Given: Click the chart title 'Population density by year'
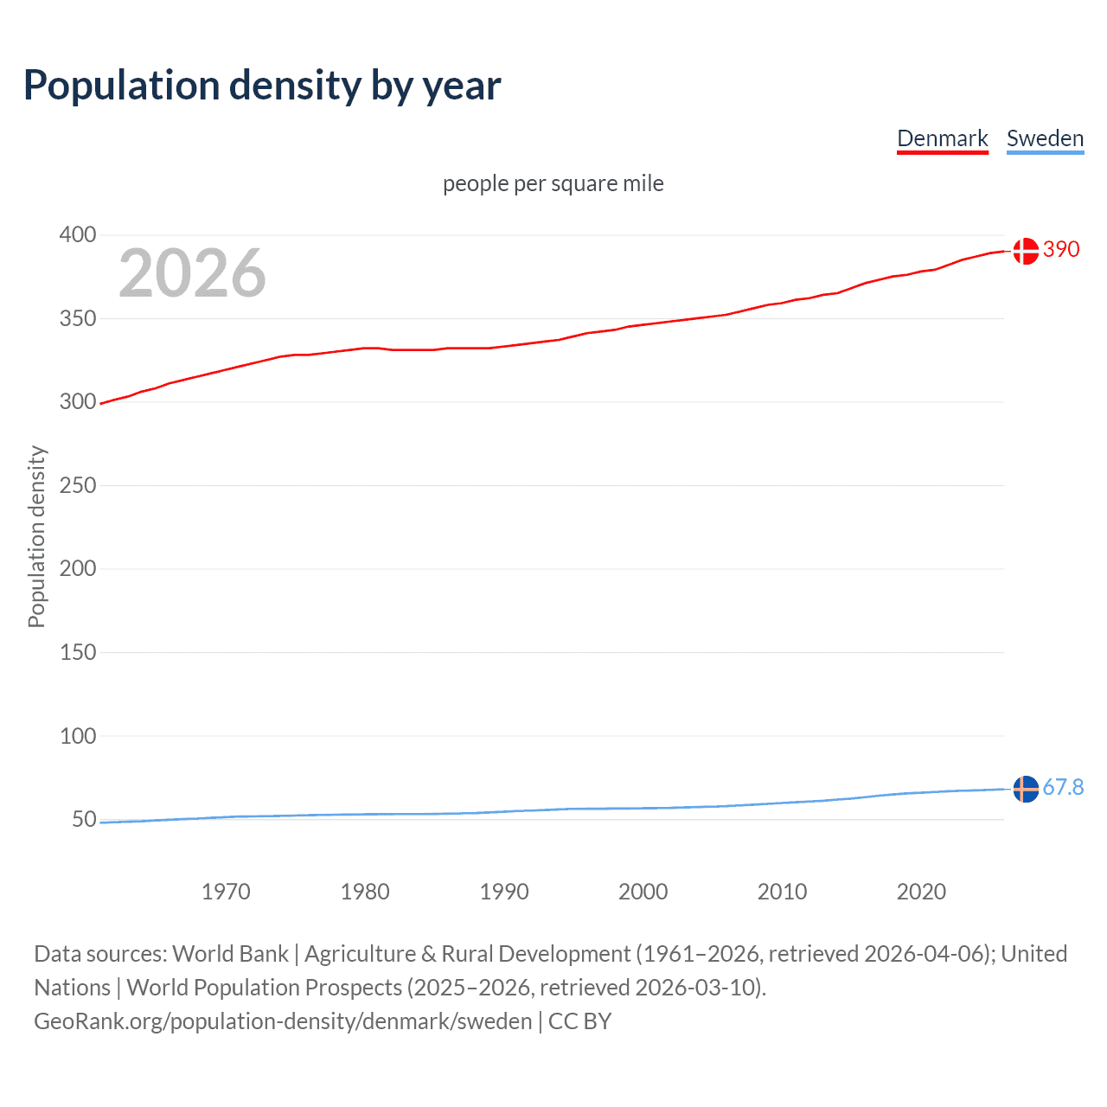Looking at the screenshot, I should tap(262, 86).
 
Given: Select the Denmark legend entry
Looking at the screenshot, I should tap(942, 138).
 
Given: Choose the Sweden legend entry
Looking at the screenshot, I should tap(1045, 138).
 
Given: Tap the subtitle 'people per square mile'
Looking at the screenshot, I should tap(553, 183).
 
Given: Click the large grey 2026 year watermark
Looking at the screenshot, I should tap(192, 273).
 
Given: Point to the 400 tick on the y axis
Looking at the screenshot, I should tap(78, 235).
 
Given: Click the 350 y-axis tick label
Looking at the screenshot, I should tap(78, 319).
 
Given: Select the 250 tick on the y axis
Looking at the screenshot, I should tap(78, 485).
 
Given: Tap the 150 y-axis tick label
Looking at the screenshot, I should tap(78, 652).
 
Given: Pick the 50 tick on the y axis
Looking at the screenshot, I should tap(84, 819).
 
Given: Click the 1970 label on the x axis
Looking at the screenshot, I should tap(226, 892).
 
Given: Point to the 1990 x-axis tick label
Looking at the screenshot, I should tap(504, 892).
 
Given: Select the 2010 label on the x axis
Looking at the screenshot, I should tap(782, 892).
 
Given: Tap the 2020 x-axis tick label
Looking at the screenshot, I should tap(921, 892).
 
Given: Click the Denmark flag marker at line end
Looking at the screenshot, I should tap(1026, 251).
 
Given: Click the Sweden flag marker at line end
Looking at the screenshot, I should tap(1026, 789).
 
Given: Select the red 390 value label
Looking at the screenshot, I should tap(1061, 249).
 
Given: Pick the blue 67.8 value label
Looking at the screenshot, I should tap(1063, 787).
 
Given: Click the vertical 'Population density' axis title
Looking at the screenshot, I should tap(36, 536).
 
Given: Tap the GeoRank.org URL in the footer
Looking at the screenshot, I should tap(283, 1021).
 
